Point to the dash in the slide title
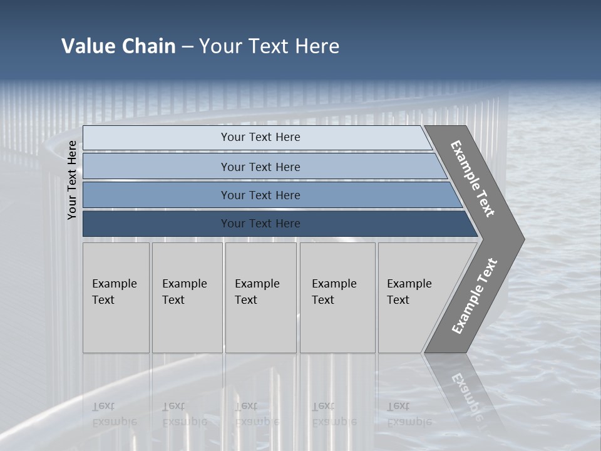187,47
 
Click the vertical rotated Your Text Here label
73,180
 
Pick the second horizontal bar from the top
260,167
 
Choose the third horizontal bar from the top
260,195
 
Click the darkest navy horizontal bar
260,224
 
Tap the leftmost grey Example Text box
116,298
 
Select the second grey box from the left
187,298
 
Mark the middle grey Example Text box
260,298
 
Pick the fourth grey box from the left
337,298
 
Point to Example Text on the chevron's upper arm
473,179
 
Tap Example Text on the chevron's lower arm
474,296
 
